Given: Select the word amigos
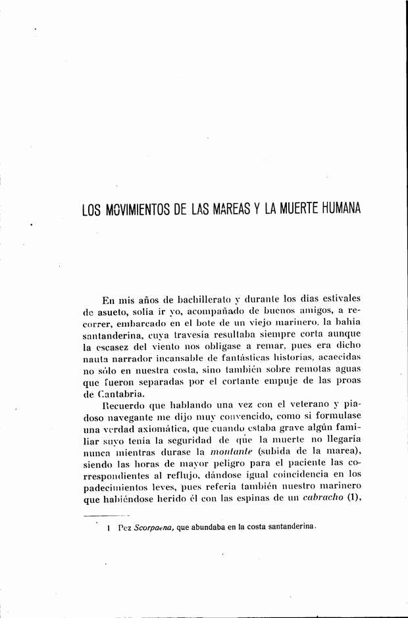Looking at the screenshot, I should [297, 313].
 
